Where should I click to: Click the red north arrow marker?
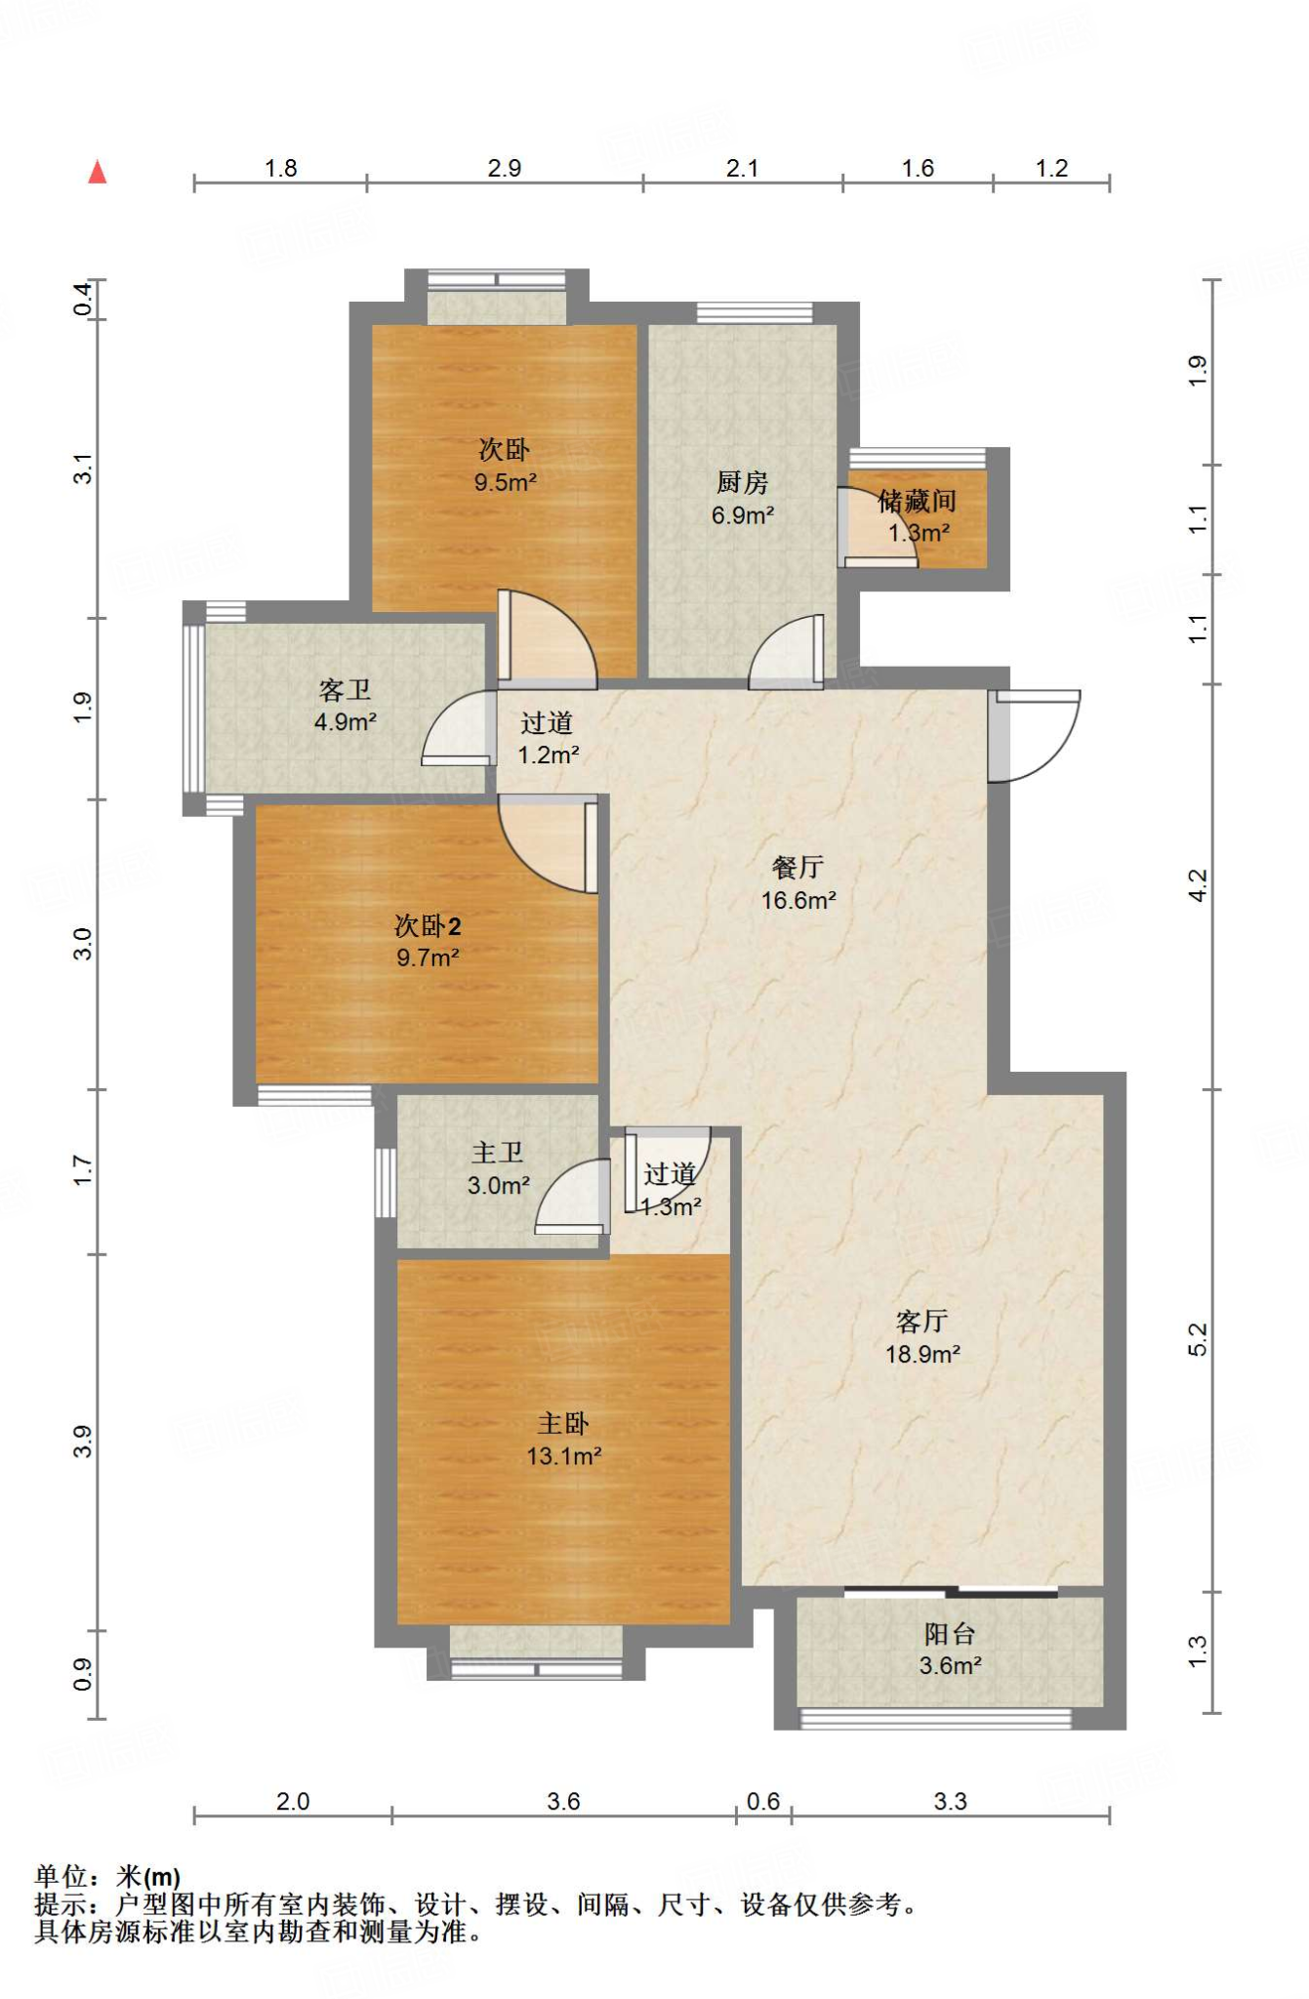pos(97,172)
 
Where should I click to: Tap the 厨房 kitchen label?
pos(742,482)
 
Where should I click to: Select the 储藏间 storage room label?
pos(917,502)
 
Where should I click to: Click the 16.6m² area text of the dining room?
pos(798,900)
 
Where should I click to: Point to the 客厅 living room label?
pos(922,1322)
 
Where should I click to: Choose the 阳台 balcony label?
pos(950,1634)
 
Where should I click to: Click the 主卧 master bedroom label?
pos(563,1424)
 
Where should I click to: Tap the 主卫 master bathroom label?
pos(498,1153)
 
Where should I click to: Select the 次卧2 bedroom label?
pos(428,925)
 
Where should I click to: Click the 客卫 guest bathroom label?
pos(345,690)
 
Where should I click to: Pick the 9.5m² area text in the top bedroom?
pos(506,482)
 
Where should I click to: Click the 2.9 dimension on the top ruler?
pos(505,168)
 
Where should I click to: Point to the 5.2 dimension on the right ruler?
pos(1198,1339)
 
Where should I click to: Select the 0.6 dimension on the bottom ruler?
pos(763,1801)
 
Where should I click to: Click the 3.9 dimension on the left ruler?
pos(83,1442)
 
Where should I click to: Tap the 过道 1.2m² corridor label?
pos(548,738)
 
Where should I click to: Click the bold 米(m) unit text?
pos(148,1877)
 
